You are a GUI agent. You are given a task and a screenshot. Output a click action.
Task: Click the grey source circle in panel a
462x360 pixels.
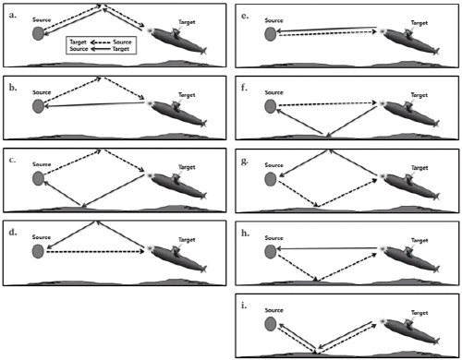[x=38, y=33]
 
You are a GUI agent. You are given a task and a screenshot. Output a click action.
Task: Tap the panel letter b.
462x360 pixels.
[x=13, y=88]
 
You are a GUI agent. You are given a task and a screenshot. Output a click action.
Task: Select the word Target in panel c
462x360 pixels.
[x=187, y=167]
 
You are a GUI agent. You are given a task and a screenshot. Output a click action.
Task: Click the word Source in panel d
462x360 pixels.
[x=42, y=237]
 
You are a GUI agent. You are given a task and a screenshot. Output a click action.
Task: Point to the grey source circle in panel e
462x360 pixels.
[x=271, y=34]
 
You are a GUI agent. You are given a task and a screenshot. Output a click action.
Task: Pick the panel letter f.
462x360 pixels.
[x=244, y=88]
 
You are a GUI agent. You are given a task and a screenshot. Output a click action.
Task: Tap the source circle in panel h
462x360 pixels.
[x=271, y=251]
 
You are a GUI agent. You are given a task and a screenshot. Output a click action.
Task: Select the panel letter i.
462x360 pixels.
[x=244, y=306]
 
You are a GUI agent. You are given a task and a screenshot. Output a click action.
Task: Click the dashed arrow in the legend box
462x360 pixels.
[x=100, y=42]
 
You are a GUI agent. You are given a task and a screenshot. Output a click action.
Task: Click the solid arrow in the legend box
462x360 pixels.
[x=100, y=49]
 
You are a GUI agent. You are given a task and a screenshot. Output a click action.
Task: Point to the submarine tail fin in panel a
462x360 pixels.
[x=203, y=51]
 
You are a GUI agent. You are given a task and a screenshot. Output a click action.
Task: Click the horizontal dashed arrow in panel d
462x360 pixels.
[x=95, y=252]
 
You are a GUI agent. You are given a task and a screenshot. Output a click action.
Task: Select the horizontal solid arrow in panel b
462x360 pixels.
[x=94, y=104]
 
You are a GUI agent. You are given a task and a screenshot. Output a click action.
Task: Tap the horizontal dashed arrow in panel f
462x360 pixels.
[x=328, y=104]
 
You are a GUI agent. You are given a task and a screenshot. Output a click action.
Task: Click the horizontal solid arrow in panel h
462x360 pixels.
[x=327, y=248]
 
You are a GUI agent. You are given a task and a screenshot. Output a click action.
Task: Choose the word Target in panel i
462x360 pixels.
[x=419, y=313]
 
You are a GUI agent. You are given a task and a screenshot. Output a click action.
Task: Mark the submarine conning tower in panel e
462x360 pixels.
[x=408, y=33]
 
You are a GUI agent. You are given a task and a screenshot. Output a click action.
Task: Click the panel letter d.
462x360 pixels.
[x=13, y=232]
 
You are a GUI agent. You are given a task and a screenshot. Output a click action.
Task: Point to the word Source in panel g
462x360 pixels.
[x=274, y=165]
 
